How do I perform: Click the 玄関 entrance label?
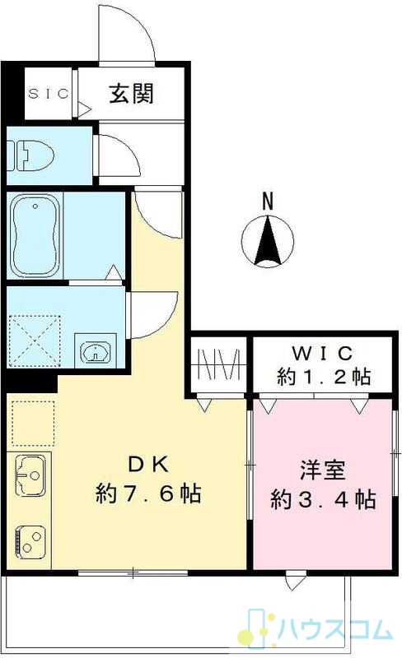[x=131, y=93]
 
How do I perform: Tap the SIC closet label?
[x=49, y=93]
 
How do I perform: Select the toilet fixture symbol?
[x=30, y=155]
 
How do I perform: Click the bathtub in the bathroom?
[x=35, y=235]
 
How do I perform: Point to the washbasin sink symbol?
[x=96, y=351]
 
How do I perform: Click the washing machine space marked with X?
[x=35, y=341]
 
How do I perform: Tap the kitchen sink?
[x=30, y=475]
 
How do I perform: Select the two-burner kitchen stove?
[x=30, y=541]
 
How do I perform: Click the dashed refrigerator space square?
[x=33, y=423]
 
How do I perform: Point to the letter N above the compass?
[x=268, y=201]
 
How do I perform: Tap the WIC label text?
[x=322, y=354]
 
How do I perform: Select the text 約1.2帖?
[x=324, y=377]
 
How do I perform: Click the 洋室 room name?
[x=323, y=470]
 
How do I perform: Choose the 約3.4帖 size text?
[x=323, y=499]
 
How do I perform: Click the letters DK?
[x=148, y=464]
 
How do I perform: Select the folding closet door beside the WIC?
[x=218, y=364]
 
